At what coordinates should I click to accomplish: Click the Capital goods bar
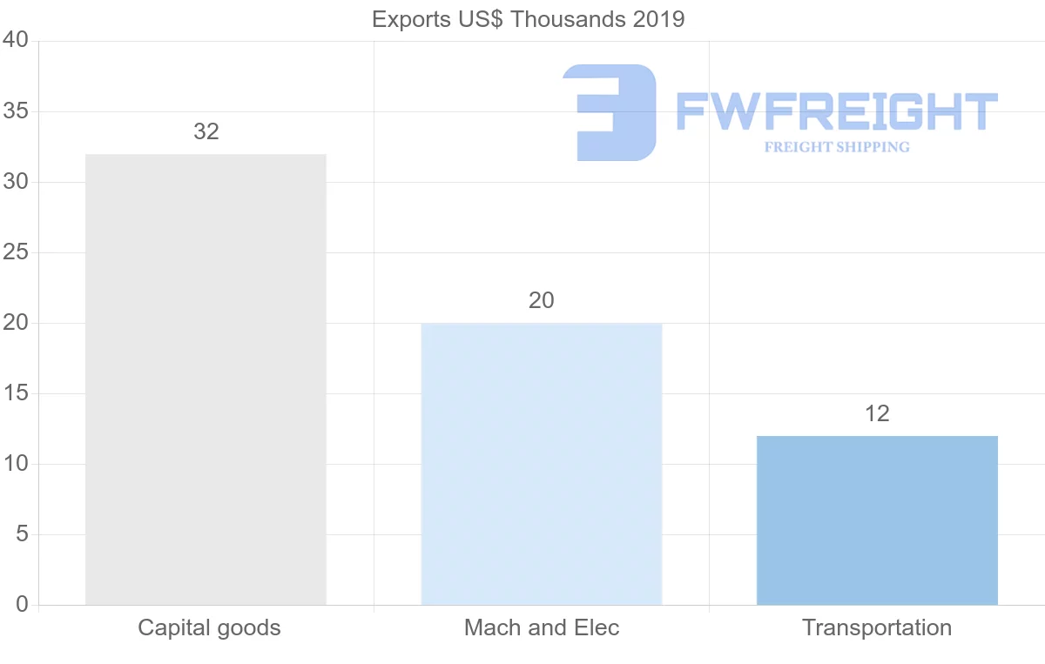(x=206, y=379)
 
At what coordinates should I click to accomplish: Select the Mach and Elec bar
(x=541, y=464)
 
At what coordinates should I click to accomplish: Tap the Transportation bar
(x=877, y=520)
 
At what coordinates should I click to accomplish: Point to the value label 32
(x=206, y=132)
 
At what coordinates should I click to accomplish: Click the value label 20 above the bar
(x=541, y=301)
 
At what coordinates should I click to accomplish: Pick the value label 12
(x=877, y=414)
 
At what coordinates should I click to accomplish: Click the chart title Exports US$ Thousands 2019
(x=529, y=19)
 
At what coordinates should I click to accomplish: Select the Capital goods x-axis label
(x=209, y=627)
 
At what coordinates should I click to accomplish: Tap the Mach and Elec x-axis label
(x=542, y=627)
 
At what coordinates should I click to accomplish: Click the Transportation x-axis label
(x=877, y=627)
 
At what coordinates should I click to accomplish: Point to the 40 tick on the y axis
(x=16, y=41)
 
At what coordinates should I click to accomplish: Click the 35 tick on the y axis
(x=16, y=111)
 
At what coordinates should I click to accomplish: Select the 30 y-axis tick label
(x=16, y=182)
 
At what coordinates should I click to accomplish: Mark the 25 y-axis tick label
(x=16, y=252)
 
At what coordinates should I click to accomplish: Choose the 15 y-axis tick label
(x=16, y=393)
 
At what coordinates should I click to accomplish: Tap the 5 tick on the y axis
(x=22, y=534)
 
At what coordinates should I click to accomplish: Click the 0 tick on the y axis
(x=22, y=605)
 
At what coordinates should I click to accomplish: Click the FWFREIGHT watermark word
(x=836, y=112)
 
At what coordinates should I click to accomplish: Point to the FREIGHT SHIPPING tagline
(x=837, y=147)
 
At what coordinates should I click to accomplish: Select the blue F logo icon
(x=610, y=112)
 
